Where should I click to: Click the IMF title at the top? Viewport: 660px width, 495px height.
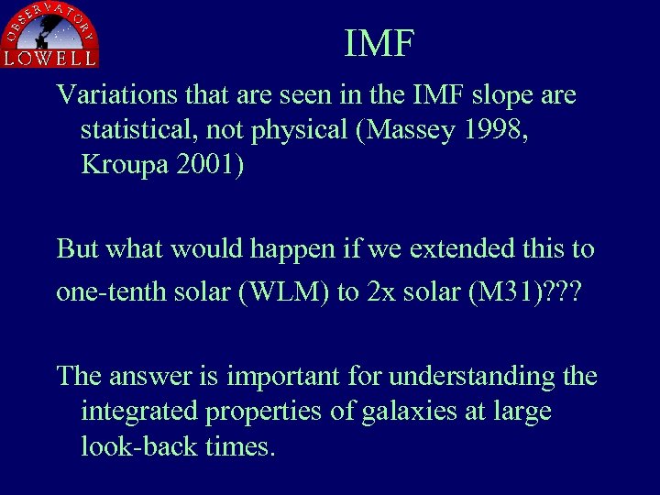(x=379, y=43)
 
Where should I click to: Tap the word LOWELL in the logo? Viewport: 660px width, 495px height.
(x=50, y=58)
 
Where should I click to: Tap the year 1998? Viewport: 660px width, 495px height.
(x=496, y=130)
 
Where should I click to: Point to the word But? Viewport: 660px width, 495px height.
(x=78, y=248)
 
